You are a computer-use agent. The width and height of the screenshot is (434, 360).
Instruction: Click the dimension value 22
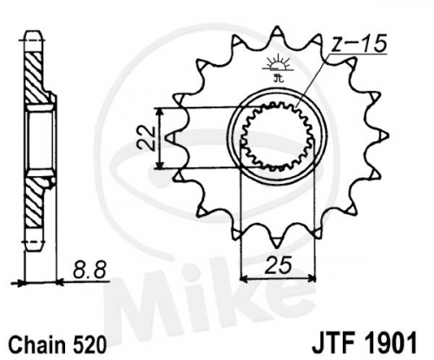[x=146, y=138]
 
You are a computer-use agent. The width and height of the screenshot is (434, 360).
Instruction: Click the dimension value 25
[x=278, y=265]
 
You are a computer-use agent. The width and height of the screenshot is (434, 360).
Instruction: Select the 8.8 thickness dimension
[x=89, y=270]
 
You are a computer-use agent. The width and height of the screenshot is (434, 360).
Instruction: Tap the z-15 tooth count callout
[x=358, y=43]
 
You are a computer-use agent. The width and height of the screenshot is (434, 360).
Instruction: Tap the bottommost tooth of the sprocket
[x=277, y=242]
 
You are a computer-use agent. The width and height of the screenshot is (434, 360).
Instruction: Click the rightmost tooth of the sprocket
[x=383, y=136]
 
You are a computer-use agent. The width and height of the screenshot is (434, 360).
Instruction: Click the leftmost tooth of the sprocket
[x=171, y=138]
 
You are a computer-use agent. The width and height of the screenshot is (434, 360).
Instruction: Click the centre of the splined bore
[x=277, y=136]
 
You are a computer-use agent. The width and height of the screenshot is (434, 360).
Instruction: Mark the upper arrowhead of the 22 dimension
[x=159, y=112]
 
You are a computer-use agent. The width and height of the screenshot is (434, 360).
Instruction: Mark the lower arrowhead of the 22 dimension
[x=159, y=164]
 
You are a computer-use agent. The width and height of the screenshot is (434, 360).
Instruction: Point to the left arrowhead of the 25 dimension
[x=245, y=279]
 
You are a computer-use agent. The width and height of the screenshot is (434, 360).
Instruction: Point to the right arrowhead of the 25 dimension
[x=311, y=279]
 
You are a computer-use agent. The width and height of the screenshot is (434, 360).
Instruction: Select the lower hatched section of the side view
[x=35, y=202]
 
